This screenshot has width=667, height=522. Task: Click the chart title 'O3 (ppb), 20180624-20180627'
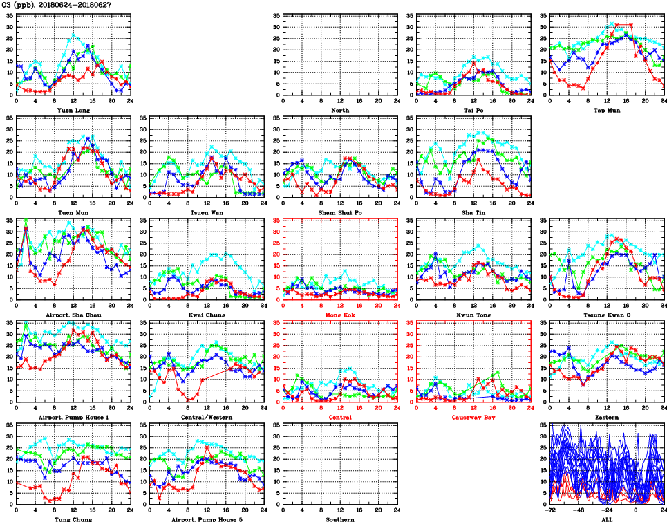[x=57, y=5]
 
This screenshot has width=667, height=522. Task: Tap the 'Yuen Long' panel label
[x=73, y=110]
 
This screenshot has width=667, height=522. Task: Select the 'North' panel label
[x=340, y=110]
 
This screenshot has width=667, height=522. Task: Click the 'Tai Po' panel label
[x=473, y=110]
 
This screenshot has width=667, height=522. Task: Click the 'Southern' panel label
[x=340, y=519]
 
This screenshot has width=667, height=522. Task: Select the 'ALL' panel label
[x=607, y=519]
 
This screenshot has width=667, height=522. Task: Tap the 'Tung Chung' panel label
[x=73, y=519]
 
